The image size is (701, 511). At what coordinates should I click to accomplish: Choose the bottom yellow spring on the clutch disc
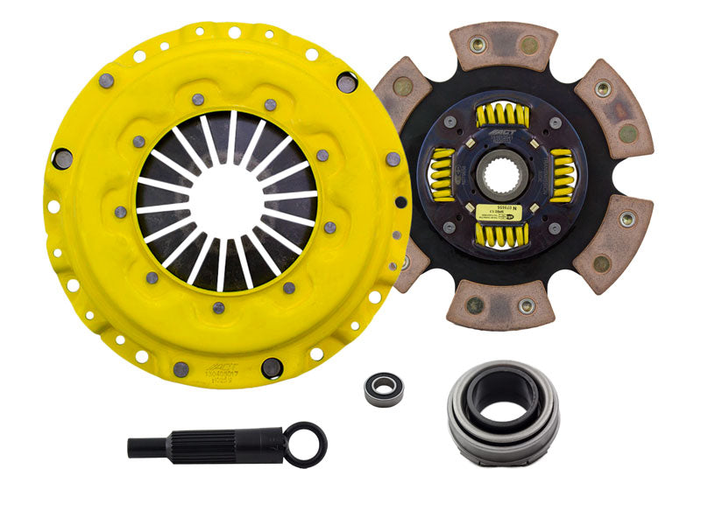point(500,234)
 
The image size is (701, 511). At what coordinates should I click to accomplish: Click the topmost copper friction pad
point(505,45)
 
